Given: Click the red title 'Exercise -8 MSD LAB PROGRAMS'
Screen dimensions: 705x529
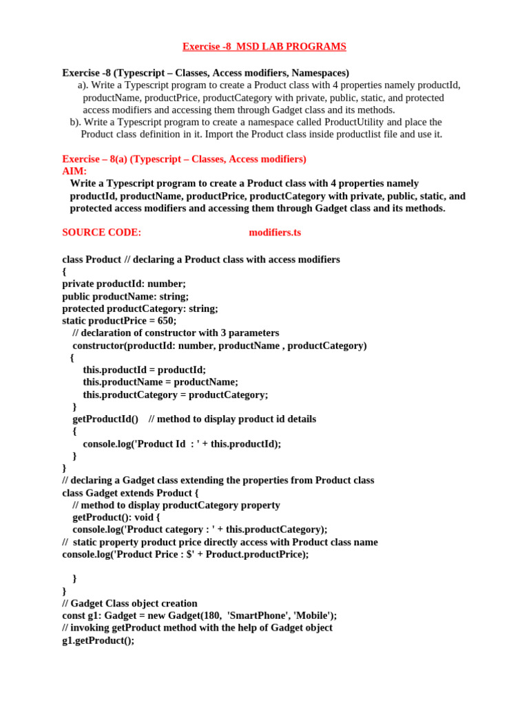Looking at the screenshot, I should click(x=264, y=47).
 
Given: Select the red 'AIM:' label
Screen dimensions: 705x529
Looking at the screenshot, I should click(x=74, y=171).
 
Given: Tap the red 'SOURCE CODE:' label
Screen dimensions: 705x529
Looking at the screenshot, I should click(x=101, y=233).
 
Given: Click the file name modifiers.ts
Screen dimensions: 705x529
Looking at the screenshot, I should click(x=274, y=233).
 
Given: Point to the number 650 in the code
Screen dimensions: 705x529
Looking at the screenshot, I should click(x=167, y=321).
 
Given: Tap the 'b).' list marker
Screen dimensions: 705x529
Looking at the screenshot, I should click(x=76, y=122).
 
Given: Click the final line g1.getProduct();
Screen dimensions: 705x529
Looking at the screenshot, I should click(x=98, y=640).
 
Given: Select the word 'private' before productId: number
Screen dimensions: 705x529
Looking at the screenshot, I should click(x=78, y=284).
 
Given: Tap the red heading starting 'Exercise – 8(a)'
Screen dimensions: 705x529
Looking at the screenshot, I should click(x=184, y=159).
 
